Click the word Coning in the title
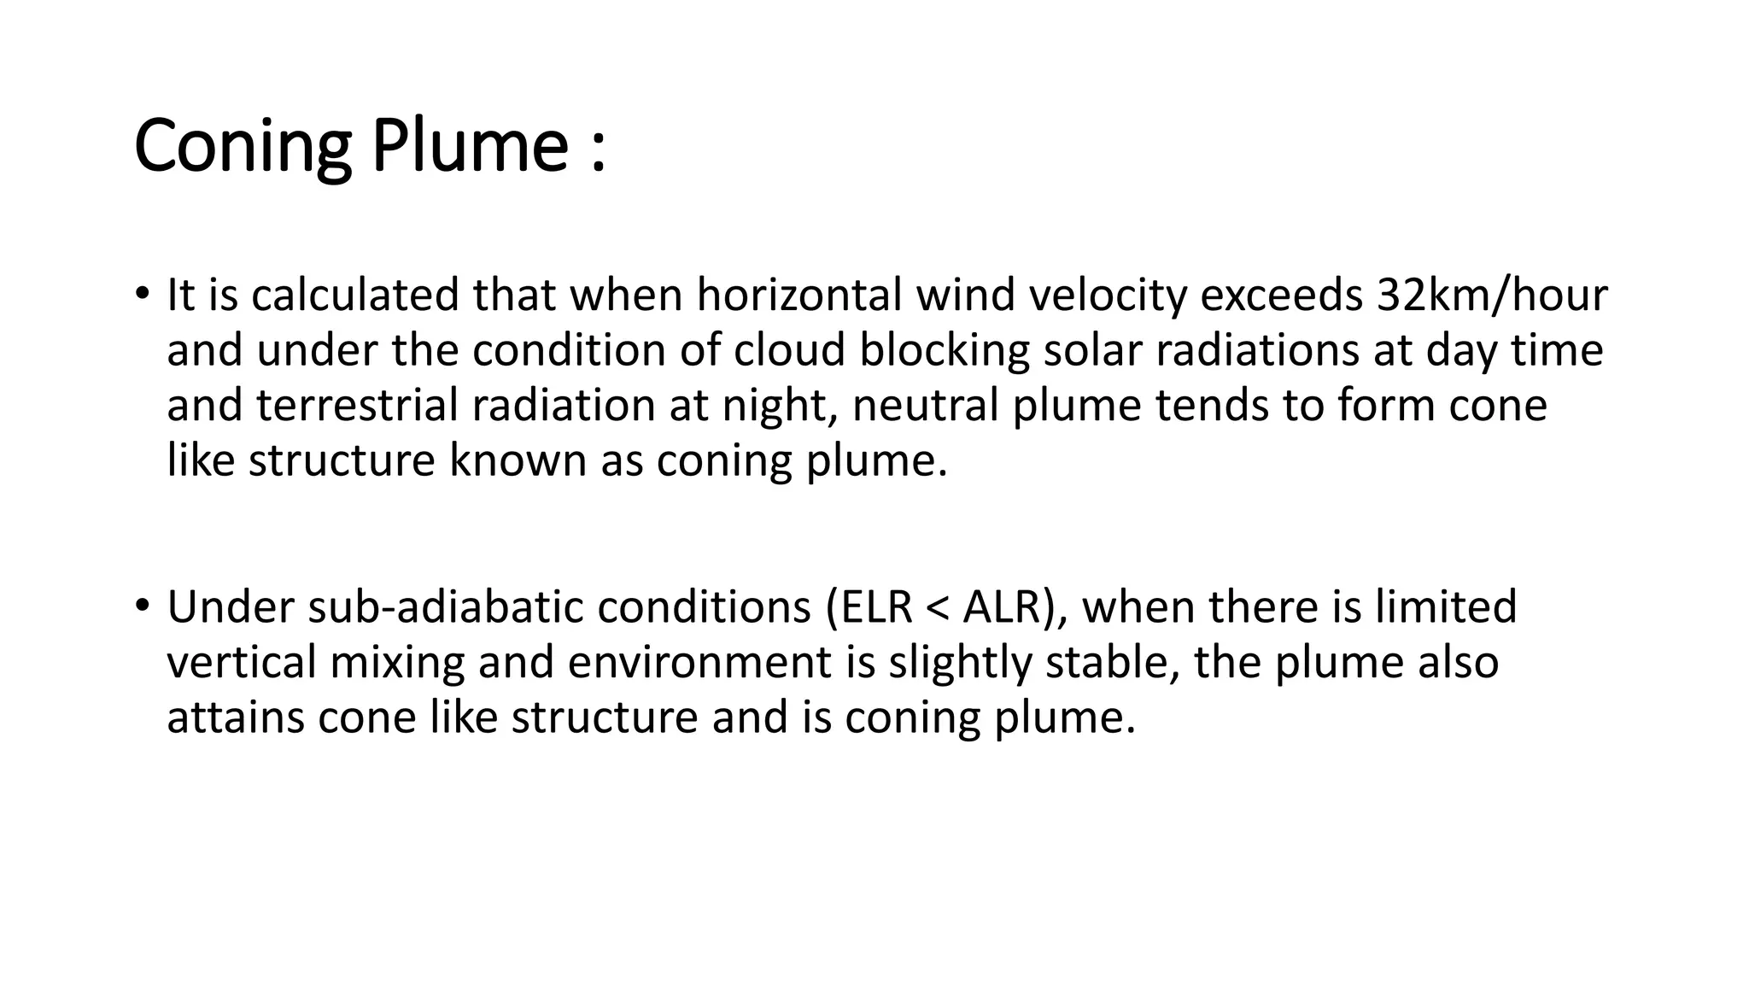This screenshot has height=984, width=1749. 243,145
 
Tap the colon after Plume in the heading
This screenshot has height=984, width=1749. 597,147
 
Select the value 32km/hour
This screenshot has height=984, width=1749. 1492,296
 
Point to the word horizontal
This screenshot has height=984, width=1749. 799,296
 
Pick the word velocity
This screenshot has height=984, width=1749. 1108,296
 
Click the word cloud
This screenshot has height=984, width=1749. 789,350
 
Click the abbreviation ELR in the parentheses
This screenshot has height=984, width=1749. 873,607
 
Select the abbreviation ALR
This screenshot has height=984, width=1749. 1004,607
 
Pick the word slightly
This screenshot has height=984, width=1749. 960,663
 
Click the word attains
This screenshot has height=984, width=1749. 236,717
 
